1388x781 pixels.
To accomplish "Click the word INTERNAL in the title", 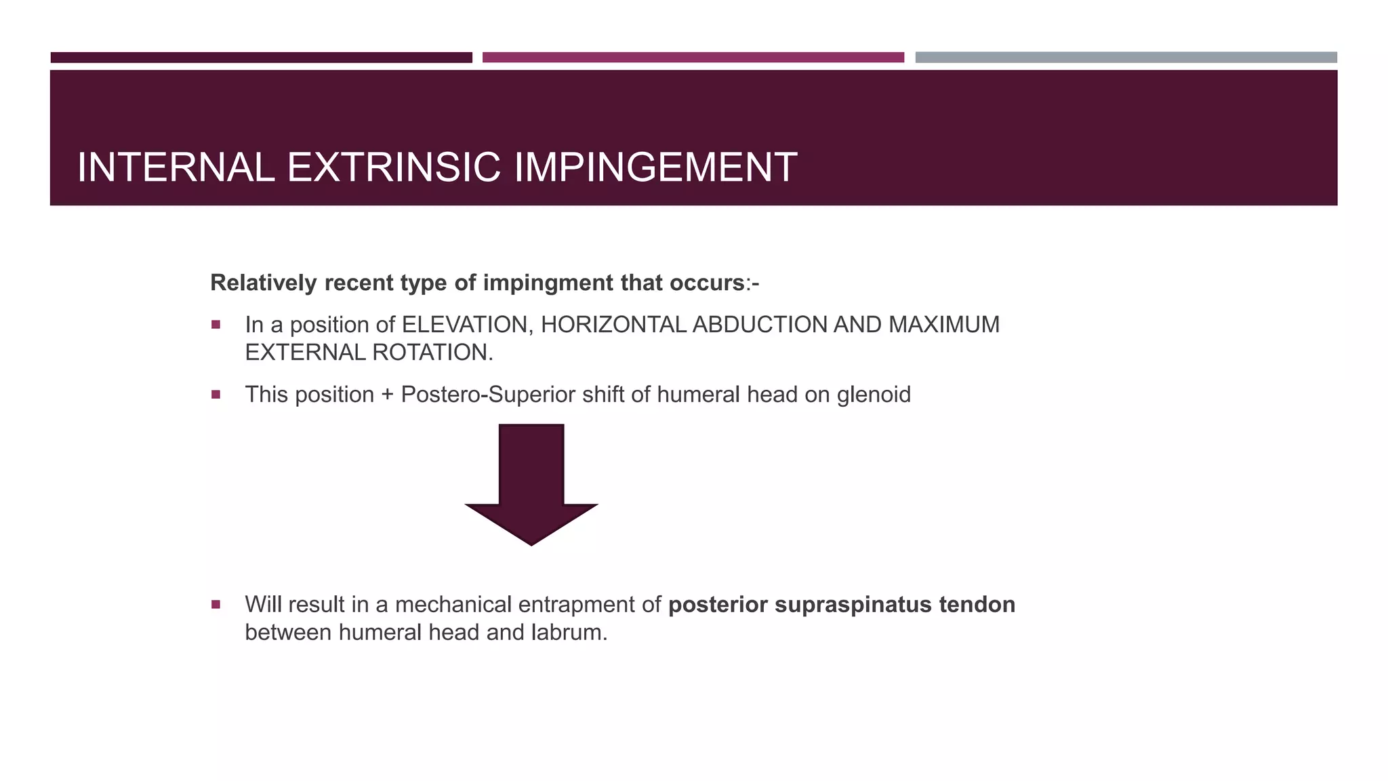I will click(x=176, y=167).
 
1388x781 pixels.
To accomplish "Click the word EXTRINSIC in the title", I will click(x=394, y=167).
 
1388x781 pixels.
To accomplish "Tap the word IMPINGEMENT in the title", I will click(x=655, y=167).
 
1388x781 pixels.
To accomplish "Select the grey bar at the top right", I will click(x=1126, y=58).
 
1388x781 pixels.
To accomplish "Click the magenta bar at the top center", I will click(x=693, y=58).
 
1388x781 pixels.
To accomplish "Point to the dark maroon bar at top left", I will click(x=261, y=58).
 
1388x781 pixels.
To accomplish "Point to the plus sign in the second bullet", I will click(x=387, y=395).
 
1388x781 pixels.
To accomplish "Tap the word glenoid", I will click(x=874, y=395).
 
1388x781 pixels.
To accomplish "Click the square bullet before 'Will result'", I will click(x=216, y=604).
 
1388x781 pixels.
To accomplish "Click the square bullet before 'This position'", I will click(x=216, y=394).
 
